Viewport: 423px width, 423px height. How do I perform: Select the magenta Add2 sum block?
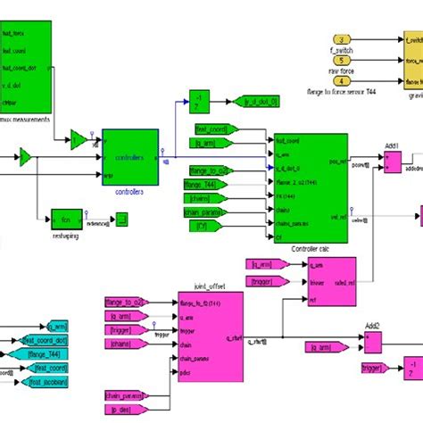(x=373, y=343)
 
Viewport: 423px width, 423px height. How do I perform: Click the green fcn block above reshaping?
(x=65, y=217)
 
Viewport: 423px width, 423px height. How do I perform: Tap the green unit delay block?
(x=200, y=102)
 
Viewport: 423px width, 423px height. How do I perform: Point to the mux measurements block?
(x=26, y=66)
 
